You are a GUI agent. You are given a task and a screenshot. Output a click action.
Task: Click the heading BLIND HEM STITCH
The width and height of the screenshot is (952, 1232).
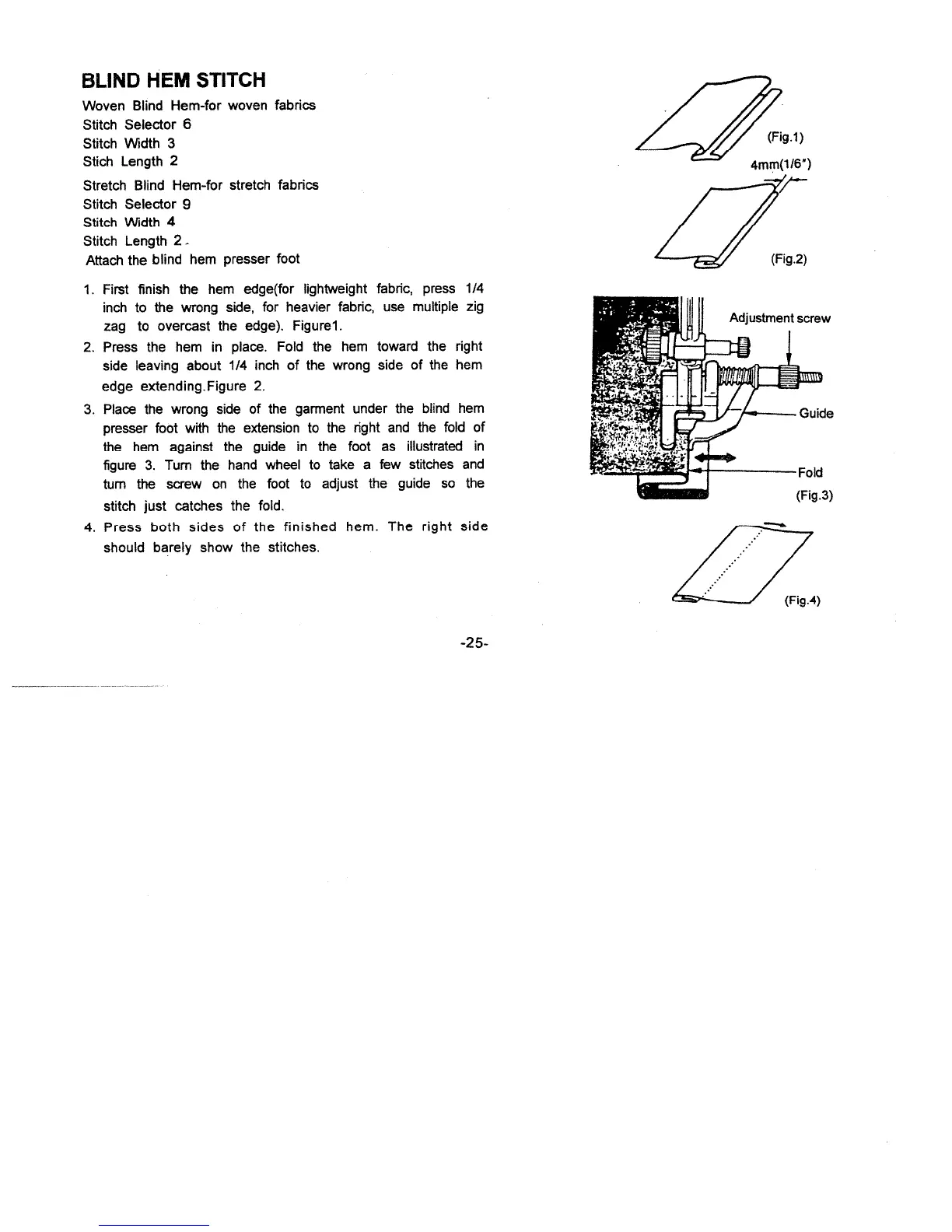pos(174,80)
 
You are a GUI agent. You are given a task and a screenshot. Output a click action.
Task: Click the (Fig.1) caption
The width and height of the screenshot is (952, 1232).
pos(785,138)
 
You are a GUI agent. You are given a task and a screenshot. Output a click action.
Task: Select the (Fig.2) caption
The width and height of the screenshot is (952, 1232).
pos(789,259)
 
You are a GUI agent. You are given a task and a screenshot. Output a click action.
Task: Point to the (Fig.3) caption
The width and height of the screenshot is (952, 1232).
pos(814,495)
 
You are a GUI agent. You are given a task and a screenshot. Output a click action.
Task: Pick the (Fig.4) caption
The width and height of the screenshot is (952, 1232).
pos(802,600)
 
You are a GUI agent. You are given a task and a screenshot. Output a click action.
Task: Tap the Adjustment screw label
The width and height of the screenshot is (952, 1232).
pos(779,317)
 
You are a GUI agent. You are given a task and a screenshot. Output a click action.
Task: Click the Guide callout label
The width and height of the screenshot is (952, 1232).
pos(816,413)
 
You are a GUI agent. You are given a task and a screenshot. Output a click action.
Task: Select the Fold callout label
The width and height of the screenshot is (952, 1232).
pos(810,472)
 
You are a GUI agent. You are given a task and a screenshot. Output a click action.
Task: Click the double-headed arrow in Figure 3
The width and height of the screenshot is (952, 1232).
pos(714,458)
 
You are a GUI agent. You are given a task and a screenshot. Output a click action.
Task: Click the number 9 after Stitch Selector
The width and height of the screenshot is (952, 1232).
pos(187,204)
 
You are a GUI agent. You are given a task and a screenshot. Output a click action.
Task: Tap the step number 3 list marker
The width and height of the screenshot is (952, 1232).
pos(88,410)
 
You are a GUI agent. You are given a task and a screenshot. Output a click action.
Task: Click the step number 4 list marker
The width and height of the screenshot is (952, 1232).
pos(88,527)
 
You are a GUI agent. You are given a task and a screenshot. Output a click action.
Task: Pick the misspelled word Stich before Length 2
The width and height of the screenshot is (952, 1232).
pos(99,162)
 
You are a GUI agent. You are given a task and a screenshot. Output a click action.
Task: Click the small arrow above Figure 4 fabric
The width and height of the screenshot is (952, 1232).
pos(775,523)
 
